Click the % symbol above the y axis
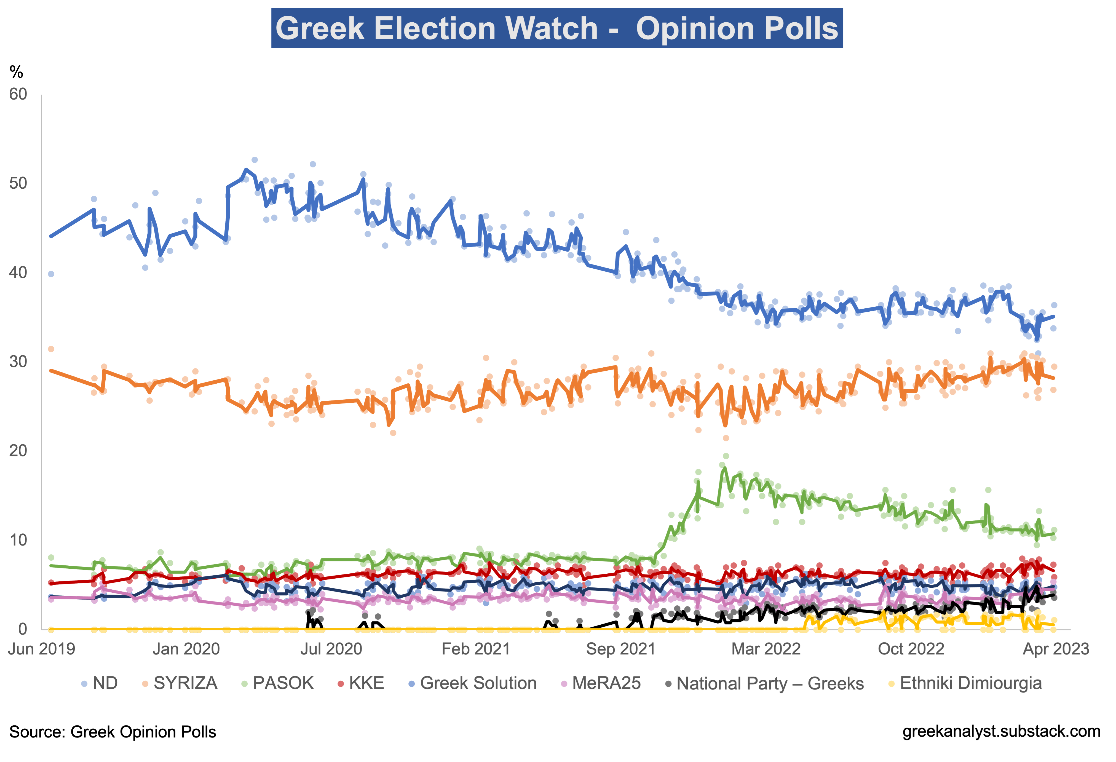click(x=16, y=73)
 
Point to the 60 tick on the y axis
click(x=18, y=94)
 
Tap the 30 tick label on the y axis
click(x=18, y=362)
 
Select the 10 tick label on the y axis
click(x=18, y=540)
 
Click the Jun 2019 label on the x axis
click(x=42, y=649)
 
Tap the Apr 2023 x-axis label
click(x=1056, y=649)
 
